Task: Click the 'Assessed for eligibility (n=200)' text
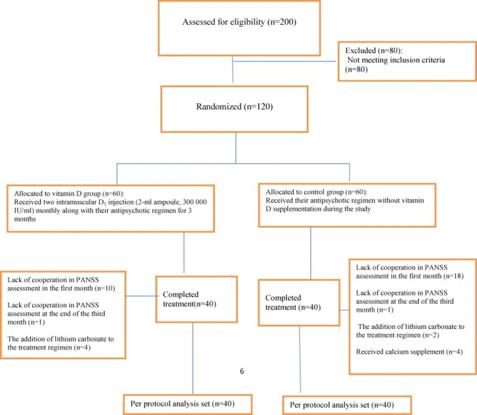(x=239, y=22)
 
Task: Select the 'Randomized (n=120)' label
(x=234, y=107)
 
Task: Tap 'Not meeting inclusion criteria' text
(x=396, y=60)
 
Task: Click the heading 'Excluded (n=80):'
(x=373, y=51)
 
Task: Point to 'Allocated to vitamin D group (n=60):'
(x=69, y=193)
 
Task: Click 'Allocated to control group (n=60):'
(x=316, y=192)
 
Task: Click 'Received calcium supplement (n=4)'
(x=409, y=352)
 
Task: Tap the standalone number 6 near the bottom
(x=242, y=371)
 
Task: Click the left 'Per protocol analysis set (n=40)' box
(x=187, y=405)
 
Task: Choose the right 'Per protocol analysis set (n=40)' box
(x=347, y=405)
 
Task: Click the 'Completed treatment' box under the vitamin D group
(x=197, y=299)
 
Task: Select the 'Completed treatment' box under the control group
(x=299, y=303)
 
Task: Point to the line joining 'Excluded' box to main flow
(x=285, y=61)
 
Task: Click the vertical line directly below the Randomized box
(x=236, y=148)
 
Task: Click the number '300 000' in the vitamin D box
(x=195, y=202)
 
